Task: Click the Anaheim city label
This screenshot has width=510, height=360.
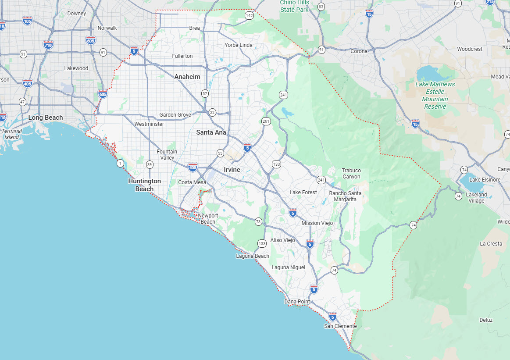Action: pos(187,77)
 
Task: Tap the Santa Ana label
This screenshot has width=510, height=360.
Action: pos(211,132)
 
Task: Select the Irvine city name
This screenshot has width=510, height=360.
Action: pos(232,170)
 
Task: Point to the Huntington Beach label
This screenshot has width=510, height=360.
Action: pos(144,185)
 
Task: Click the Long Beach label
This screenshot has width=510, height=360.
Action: pos(46,118)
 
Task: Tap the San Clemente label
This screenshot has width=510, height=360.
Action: pos(340,326)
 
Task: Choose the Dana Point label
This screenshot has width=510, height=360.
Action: pos(297,302)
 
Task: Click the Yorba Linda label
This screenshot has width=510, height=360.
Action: pos(239,45)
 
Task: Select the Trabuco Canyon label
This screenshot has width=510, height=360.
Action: pos(351,174)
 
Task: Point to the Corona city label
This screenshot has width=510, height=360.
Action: pos(359,51)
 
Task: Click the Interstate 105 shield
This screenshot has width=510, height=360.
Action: pos(28,21)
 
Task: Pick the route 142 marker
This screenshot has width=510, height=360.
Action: pos(250,15)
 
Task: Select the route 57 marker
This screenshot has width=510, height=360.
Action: pos(205,93)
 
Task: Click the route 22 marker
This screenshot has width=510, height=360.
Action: pos(212,112)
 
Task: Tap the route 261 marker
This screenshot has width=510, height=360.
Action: pos(266,121)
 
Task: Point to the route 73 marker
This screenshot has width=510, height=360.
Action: pos(258,221)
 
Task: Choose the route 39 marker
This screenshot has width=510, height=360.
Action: pos(150,164)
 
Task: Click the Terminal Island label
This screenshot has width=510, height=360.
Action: pos(12,134)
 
